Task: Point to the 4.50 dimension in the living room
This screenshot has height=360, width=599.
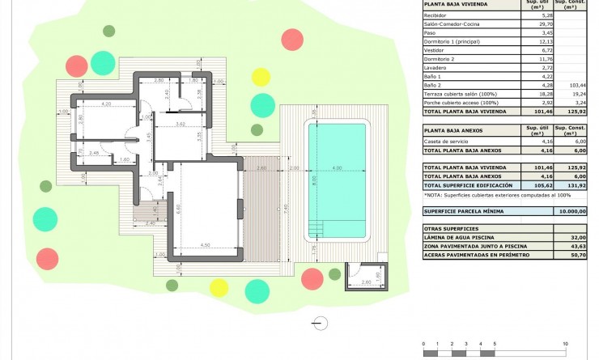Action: click(x=206, y=245)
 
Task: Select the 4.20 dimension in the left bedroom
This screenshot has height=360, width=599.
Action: click(x=106, y=104)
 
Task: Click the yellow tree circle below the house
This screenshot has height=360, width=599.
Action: click(x=219, y=287)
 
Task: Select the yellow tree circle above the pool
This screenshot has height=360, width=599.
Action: click(x=260, y=77)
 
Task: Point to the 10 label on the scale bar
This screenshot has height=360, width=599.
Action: click(x=565, y=344)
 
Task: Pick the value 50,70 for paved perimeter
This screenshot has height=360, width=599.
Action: click(x=573, y=255)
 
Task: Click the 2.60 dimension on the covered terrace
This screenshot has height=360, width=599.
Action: click(x=261, y=168)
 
